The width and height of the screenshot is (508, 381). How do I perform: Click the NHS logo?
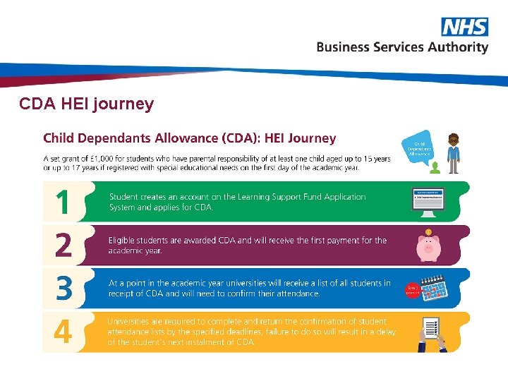click(x=464, y=27)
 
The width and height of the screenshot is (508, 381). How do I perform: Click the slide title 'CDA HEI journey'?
click(x=86, y=104)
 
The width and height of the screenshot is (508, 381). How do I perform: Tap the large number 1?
click(x=64, y=203)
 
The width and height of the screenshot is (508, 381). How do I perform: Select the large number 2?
click(x=64, y=246)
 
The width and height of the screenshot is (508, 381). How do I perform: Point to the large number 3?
click(x=64, y=289)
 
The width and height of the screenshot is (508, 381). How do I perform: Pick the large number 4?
click(x=64, y=332)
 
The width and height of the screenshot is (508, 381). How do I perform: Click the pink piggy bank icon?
click(x=428, y=246)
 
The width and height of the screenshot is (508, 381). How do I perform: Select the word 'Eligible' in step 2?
click(x=123, y=241)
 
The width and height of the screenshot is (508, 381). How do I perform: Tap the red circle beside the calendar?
click(x=413, y=289)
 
